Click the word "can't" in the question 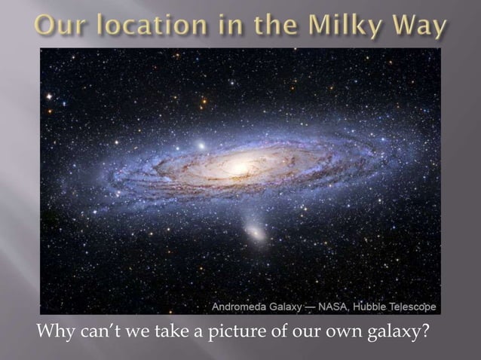click(94, 331)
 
